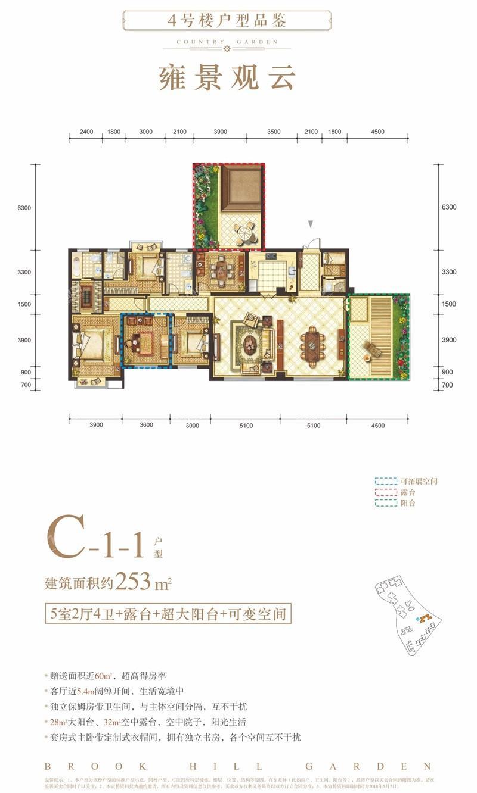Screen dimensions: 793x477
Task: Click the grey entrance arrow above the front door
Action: (310, 224)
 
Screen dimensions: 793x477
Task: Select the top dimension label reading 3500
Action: (274, 132)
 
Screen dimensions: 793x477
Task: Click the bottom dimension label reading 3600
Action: (147, 424)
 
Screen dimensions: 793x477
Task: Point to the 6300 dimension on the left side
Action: (24, 207)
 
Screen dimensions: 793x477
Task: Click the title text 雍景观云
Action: (227, 77)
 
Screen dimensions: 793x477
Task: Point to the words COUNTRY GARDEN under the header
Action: (227, 42)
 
